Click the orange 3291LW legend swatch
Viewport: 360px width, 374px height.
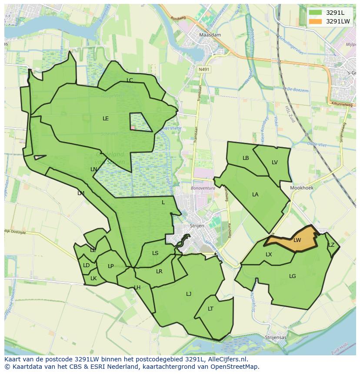(316, 21)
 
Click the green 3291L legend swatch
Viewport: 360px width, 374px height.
(316, 13)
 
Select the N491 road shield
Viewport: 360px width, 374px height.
(203, 69)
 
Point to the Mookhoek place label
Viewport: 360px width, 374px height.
(302, 189)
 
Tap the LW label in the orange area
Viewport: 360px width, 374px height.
(297, 240)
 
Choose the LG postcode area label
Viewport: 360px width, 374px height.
(293, 276)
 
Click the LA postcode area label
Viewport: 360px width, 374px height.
(255, 194)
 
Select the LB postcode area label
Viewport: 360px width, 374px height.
(246, 158)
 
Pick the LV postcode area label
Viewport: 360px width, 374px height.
(275, 162)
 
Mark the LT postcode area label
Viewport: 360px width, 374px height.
(210, 309)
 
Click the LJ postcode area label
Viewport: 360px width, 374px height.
(189, 294)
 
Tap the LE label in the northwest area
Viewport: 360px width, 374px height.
(106, 118)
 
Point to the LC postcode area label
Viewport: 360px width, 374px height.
(130, 80)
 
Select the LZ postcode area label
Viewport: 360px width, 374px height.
(331, 245)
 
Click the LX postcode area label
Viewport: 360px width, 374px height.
(269, 254)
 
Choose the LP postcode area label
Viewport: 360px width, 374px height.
(110, 266)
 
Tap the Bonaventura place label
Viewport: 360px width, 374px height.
(203, 189)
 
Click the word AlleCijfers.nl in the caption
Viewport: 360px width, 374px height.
(226, 359)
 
